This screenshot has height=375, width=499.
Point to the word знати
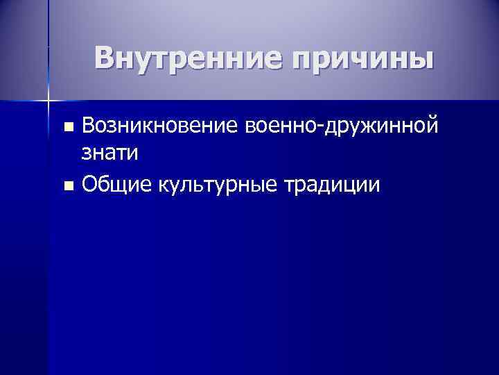[110, 154]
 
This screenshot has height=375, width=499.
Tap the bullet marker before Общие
[67, 186]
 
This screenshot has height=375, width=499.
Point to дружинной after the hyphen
[379, 127]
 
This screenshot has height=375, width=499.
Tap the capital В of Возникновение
[88, 126]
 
